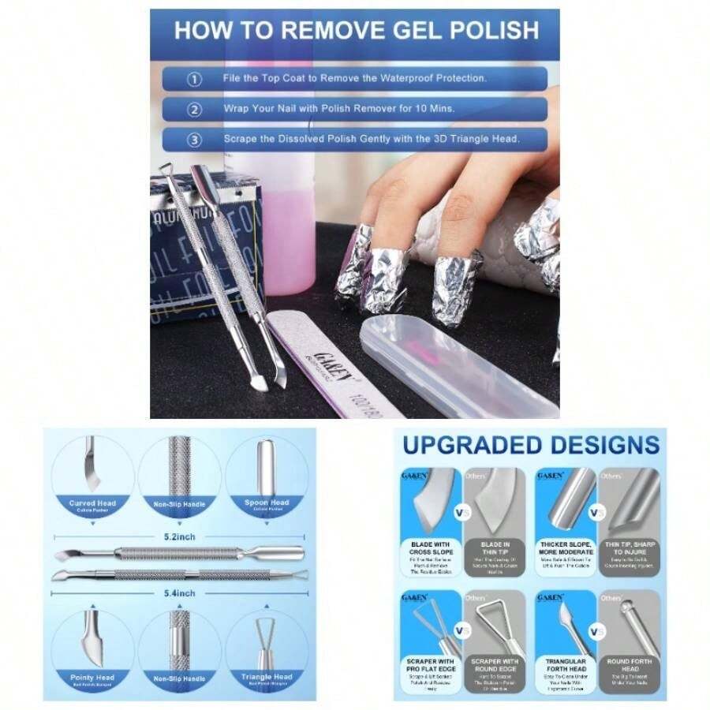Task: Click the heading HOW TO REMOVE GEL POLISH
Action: pos(356,31)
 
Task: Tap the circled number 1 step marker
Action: pos(194,79)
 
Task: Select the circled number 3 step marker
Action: pos(194,140)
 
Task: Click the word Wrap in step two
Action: pos(237,109)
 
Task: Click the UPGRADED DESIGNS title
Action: pos(531,445)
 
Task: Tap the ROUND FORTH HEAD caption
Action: pos(630,665)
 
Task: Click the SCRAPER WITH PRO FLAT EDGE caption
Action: pos(431,665)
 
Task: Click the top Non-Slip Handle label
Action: pos(180,503)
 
